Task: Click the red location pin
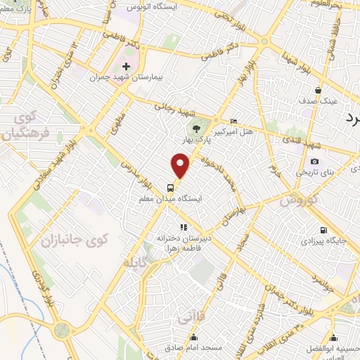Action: coord(181,166)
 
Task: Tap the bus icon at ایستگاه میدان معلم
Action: coord(171,188)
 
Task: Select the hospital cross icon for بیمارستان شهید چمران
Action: coord(126,66)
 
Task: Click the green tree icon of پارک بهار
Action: coord(196,128)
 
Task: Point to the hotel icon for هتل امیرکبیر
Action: coord(234,122)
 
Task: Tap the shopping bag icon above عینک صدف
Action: coord(319,90)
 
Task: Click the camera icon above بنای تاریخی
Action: coord(314,162)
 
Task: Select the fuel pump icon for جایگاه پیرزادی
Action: coord(323,230)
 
